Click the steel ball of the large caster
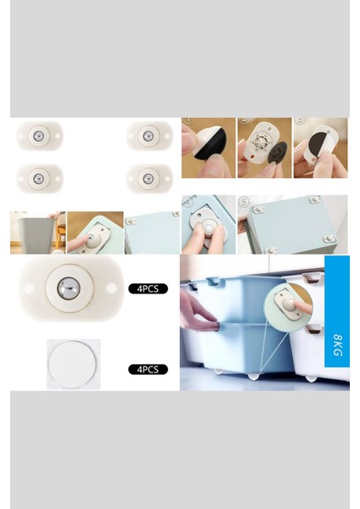tap(69, 288)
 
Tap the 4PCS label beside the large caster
tap(148, 288)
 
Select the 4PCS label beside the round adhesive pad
tap(148, 369)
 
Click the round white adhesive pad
tap(72, 365)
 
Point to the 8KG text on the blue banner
tap(338, 345)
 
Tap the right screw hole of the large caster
tap(111, 288)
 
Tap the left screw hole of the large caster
tap(29, 288)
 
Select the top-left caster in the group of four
tap(39, 136)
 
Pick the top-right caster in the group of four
tap(149, 136)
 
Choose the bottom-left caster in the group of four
tap(39, 178)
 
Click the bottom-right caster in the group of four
tap(149, 178)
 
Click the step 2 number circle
tap(244, 120)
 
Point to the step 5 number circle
tap(244, 201)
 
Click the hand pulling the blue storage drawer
tap(197, 311)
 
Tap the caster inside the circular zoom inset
tap(287, 304)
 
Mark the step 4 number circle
tap(188, 200)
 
